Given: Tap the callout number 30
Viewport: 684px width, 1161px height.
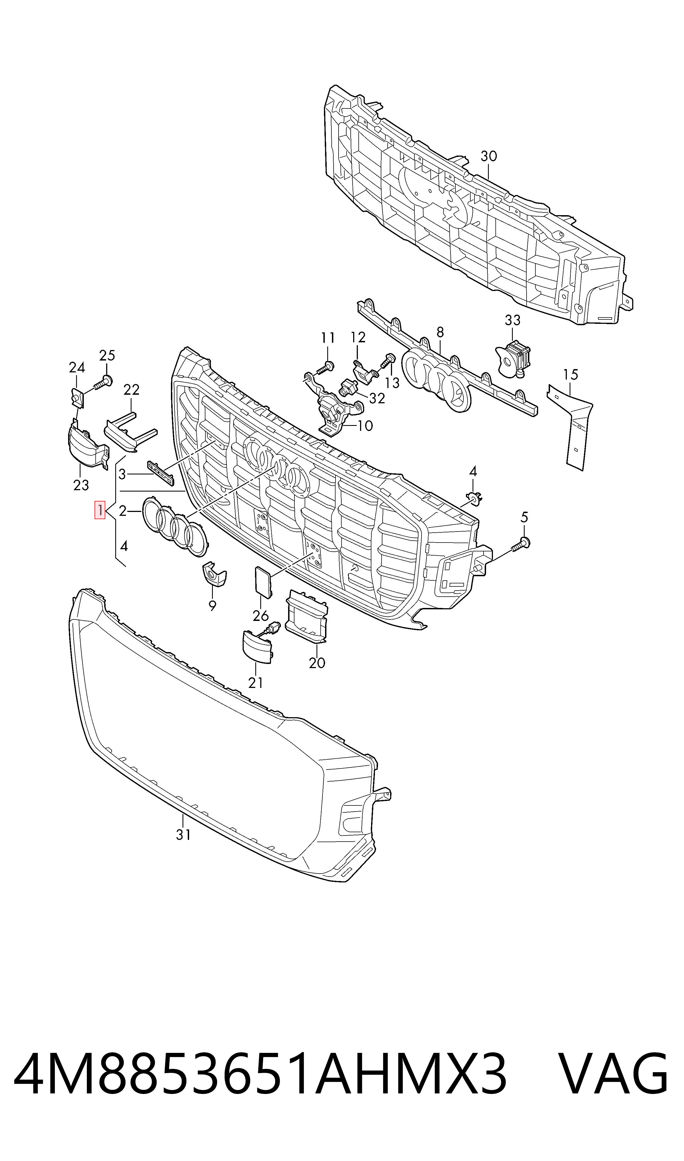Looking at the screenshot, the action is [489, 156].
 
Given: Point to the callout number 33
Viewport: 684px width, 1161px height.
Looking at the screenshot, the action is [513, 320].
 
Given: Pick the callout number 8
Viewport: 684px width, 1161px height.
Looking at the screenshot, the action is [440, 332].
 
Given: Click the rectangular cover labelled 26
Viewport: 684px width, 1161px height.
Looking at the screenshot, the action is [264, 581].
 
